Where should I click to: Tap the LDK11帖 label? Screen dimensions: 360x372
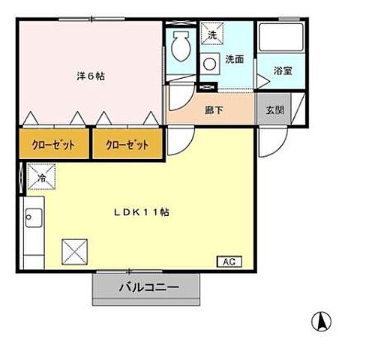142,212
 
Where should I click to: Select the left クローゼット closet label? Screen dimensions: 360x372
52,145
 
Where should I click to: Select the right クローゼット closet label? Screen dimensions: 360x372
126,145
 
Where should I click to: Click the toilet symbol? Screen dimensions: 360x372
181,49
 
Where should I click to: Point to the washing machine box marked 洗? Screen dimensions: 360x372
211,35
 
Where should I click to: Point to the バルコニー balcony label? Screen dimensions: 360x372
148,286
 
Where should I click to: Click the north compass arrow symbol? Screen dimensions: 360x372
322,321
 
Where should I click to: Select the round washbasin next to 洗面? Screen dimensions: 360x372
209,64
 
